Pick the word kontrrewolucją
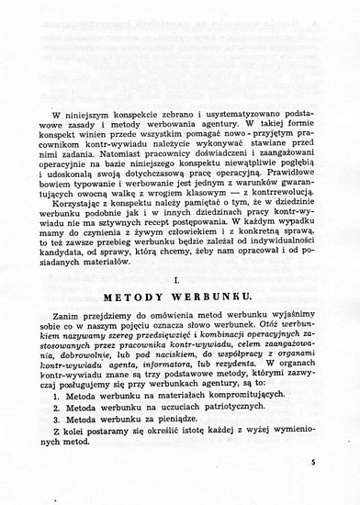[x=278, y=205]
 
